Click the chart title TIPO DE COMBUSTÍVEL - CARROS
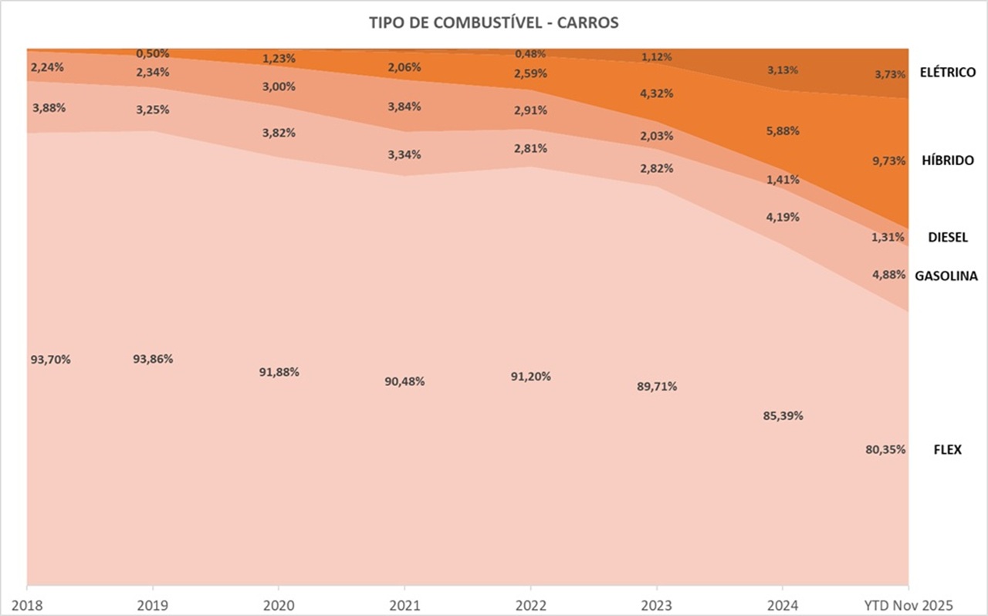coord(494,23)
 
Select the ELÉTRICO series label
coord(948,73)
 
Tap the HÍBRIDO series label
coord(947,161)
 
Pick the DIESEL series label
coord(948,237)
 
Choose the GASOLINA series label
coord(946,276)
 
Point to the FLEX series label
coord(948,449)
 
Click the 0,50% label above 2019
coord(152,53)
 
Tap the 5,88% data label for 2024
coord(783,131)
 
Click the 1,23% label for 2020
coord(279,58)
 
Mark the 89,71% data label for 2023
coord(658,387)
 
